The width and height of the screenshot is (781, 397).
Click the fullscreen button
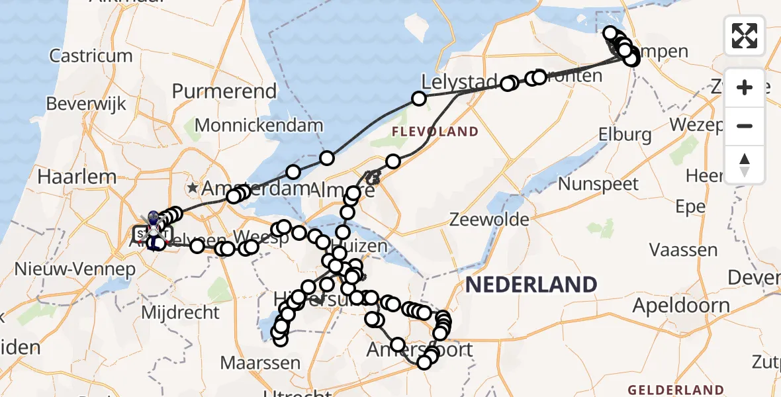(x=745, y=35)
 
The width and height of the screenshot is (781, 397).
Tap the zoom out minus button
(x=745, y=126)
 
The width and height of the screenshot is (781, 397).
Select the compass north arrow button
(x=745, y=165)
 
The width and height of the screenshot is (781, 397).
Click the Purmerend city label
(x=224, y=91)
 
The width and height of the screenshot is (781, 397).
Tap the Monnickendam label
(x=259, y=125)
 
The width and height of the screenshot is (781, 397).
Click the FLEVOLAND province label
(x=434, y=132)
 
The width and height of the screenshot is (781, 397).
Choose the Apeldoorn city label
(x=681, y=306)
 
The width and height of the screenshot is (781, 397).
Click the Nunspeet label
(x=599, y=183)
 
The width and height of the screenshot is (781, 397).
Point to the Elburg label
(x=624, y=135)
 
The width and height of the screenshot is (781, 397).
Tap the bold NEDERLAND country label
(x=531, y=285)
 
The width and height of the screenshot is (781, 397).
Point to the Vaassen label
(x=683, y=250)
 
